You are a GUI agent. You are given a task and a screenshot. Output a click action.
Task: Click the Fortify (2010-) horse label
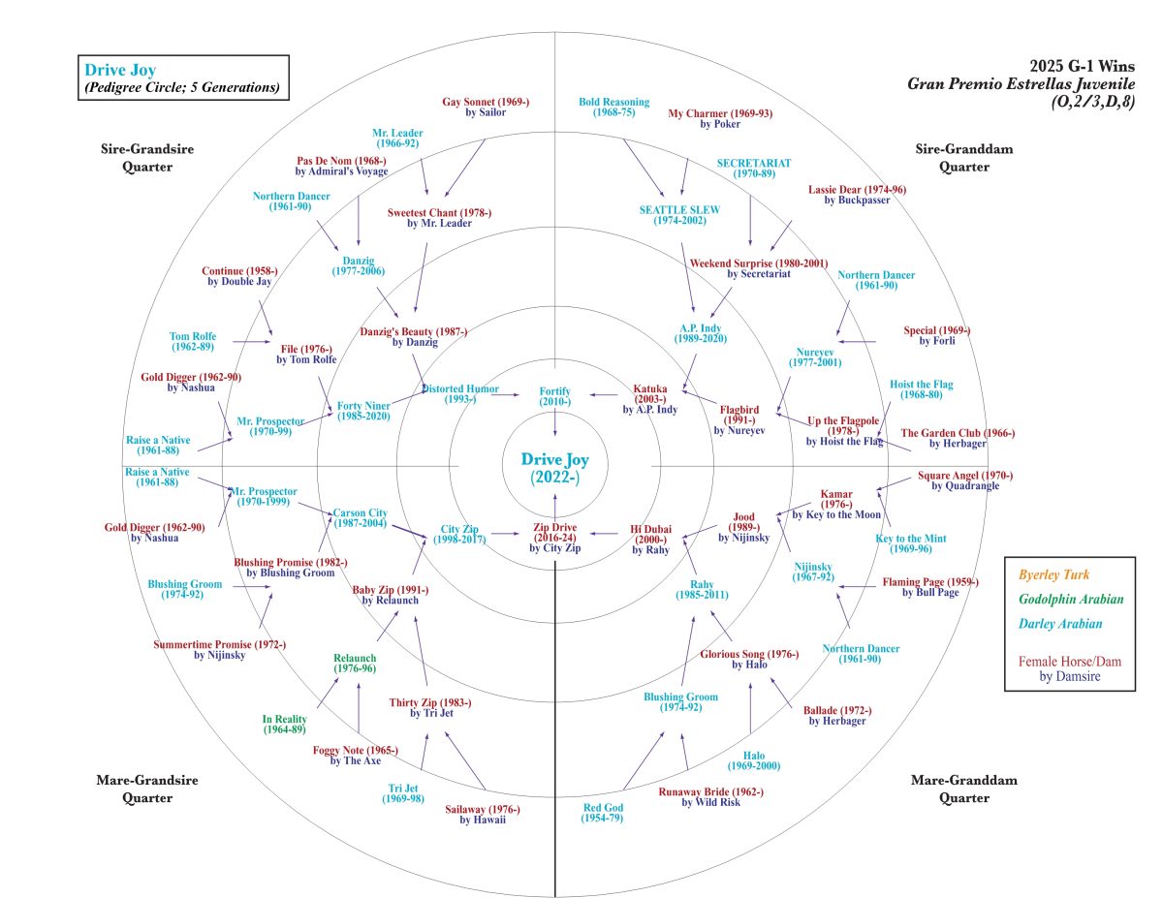pos(554,395)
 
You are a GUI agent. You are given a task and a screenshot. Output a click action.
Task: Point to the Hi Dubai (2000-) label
pos(650,537)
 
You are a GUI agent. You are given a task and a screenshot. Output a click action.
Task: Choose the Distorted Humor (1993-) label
pos(460,394)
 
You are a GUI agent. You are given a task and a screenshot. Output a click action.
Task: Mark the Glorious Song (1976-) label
pos(749,659)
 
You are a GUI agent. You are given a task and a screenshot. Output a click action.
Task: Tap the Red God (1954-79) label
pos(602,813)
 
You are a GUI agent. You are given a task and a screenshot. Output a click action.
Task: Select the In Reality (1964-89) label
pos(285,724)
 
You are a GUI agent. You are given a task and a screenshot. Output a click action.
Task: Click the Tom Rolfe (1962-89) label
pos(192,342)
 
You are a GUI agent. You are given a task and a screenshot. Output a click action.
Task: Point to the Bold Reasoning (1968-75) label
pos(614,107)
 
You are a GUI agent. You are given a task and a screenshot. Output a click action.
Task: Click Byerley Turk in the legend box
pos(1050,574)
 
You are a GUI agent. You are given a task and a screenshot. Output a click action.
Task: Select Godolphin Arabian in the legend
pos(1069,600)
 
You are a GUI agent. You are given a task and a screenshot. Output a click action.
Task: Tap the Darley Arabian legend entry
pos(1058,625)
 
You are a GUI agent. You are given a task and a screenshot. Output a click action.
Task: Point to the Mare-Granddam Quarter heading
pos(950,789)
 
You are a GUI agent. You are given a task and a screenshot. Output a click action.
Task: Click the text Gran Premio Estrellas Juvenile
pos(1021,83)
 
